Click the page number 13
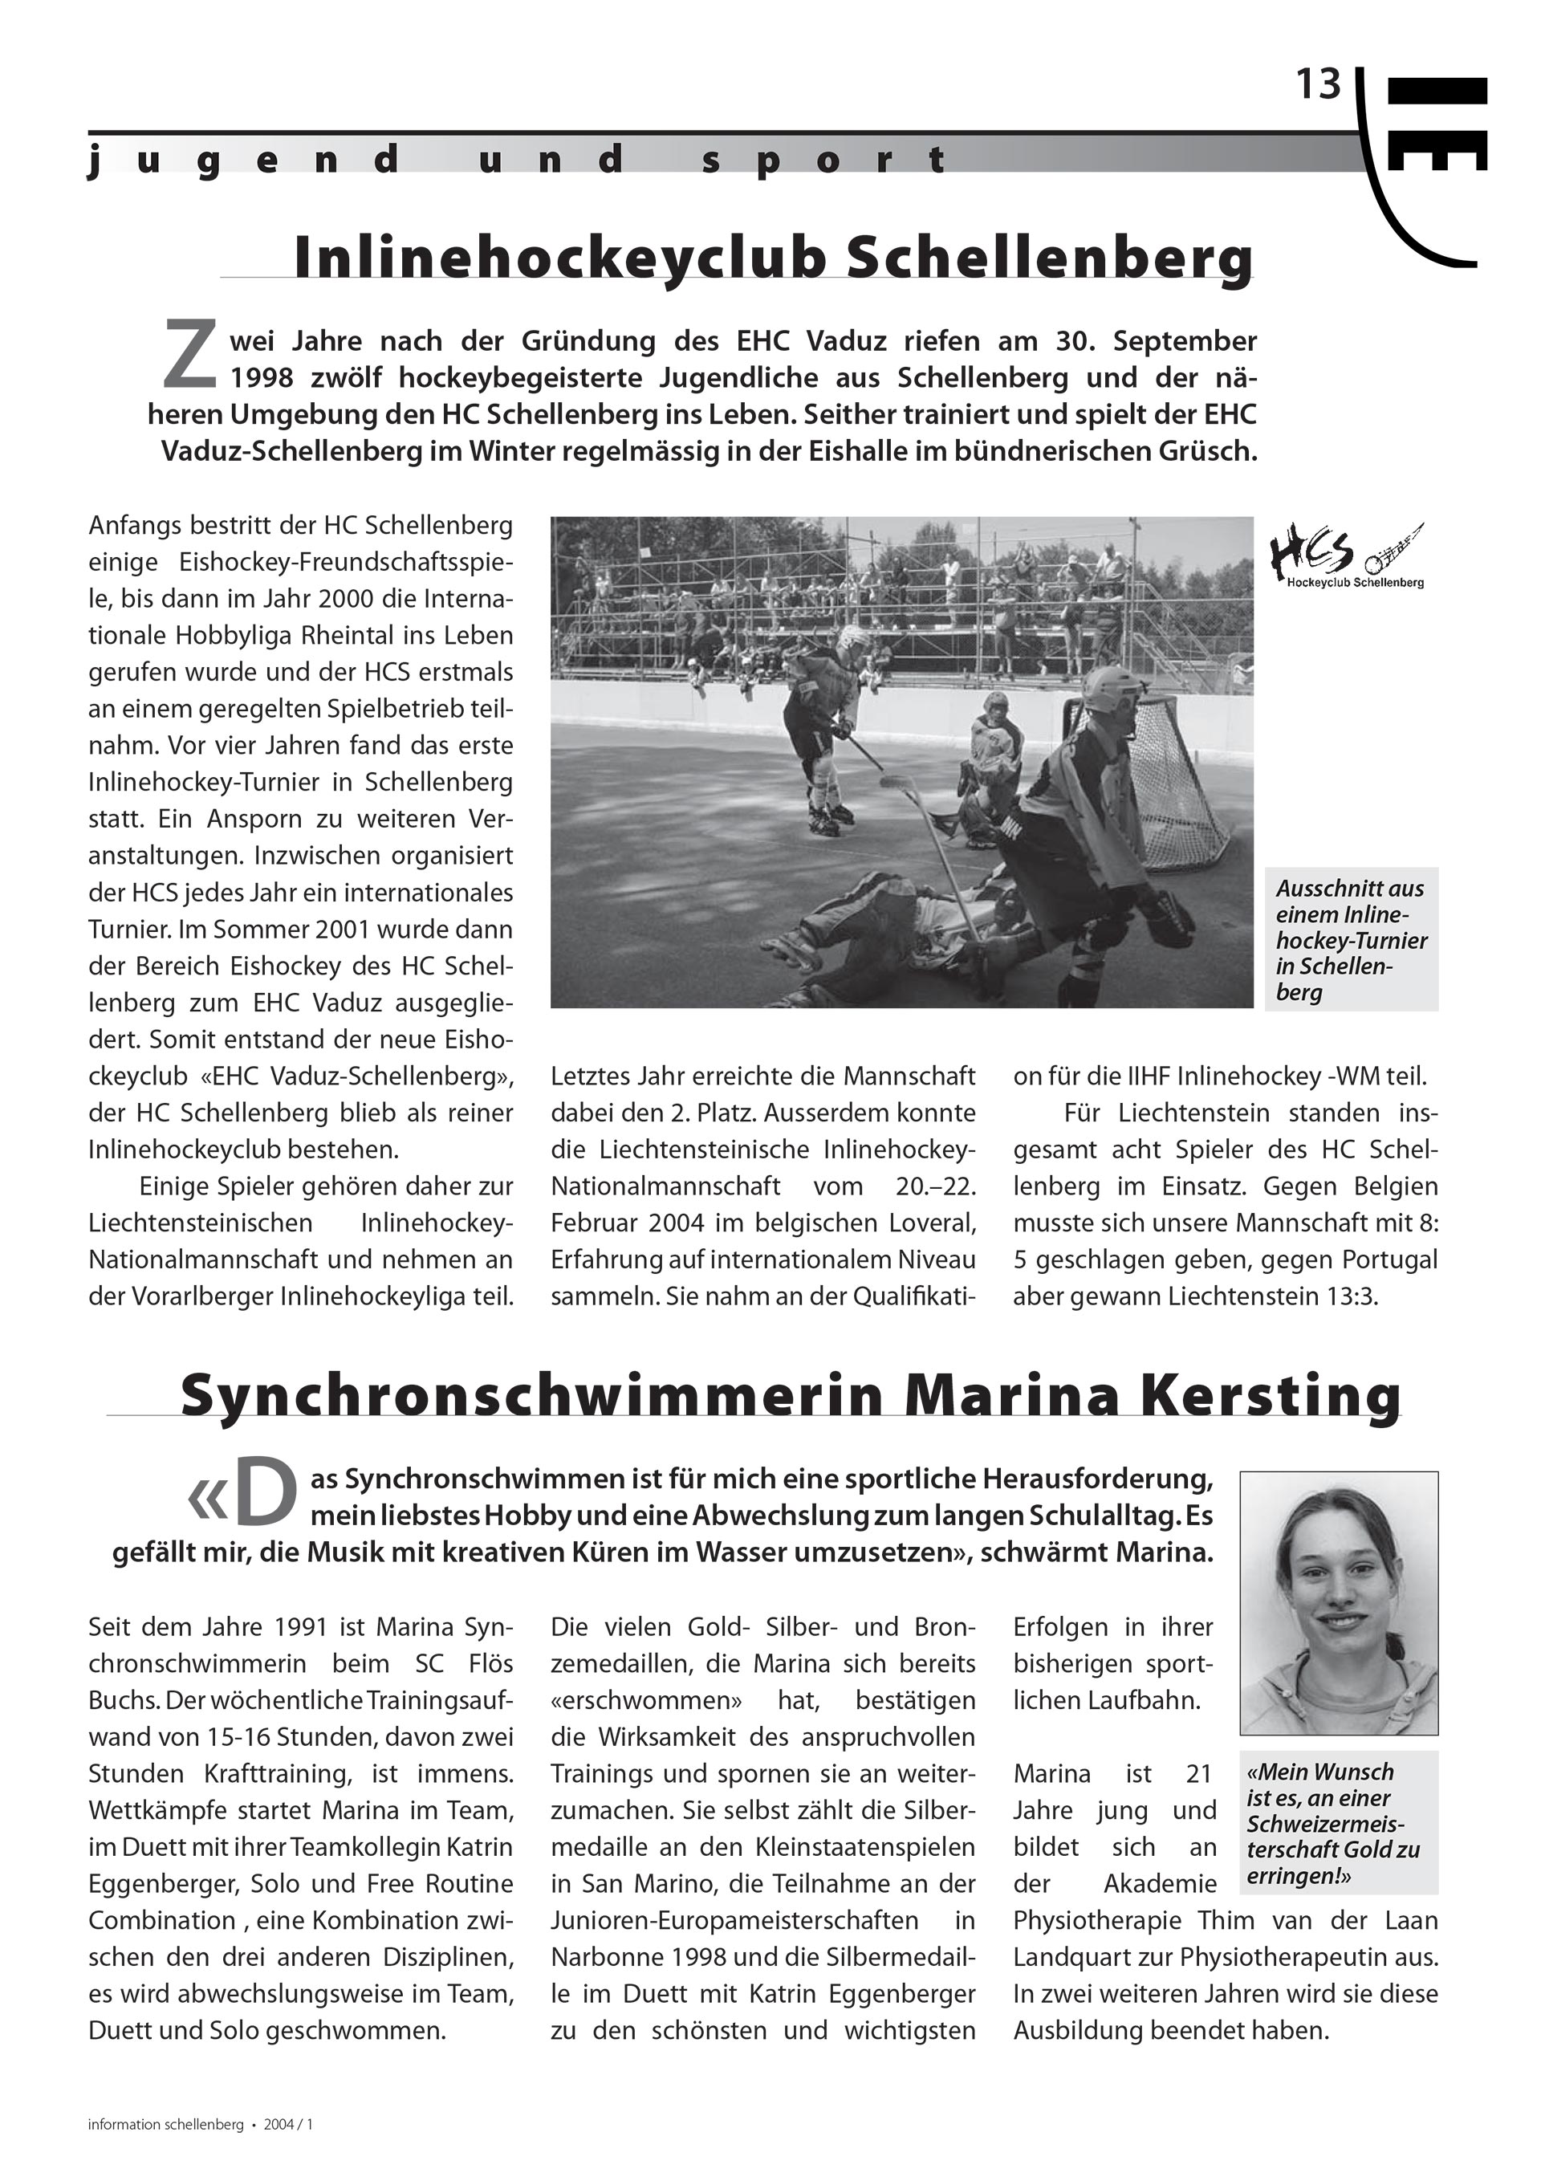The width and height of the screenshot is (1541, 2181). (1319, 86)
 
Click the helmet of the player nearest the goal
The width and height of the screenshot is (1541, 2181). (1111, 690)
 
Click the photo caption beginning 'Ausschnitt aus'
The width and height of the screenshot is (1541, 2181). (1350, 938)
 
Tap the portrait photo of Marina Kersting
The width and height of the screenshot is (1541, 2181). (1338, 1601)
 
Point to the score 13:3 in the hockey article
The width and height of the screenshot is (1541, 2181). (1346, 1296)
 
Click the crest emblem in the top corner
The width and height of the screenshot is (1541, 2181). (1425, 161)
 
